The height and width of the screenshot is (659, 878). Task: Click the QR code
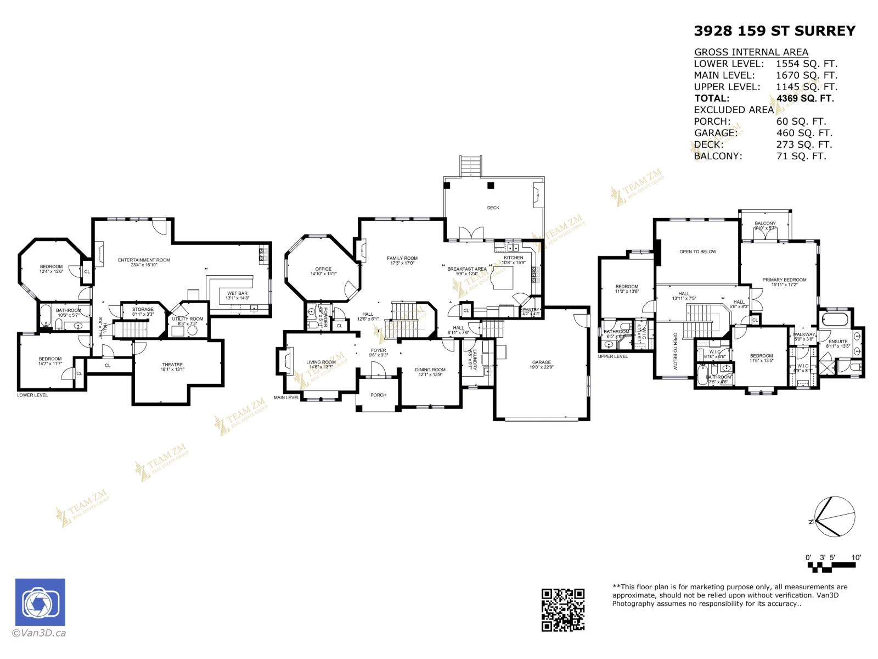[563, 610]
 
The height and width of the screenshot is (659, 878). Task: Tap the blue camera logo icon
[40, 602]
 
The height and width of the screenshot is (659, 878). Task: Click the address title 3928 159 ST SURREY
[774, 31]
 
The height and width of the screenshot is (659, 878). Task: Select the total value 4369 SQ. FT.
[805, 98]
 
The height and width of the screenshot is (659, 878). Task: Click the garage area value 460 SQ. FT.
[804, 133]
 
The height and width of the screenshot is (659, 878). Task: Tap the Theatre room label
[172, 365]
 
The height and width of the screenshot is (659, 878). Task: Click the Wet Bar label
[237, 293]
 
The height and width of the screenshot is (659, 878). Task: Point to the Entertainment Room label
[144, 260]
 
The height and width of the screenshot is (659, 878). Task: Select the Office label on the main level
[323, 269]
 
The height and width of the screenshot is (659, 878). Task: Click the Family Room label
[402, 258]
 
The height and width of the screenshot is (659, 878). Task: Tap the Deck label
[493, 208]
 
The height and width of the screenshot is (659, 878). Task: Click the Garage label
[541, 362]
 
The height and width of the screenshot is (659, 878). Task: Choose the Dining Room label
[430, 370]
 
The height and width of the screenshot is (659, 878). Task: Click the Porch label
[378, 395]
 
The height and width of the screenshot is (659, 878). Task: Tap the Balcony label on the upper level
[765, 223]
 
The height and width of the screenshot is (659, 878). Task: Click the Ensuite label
[838, 342]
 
